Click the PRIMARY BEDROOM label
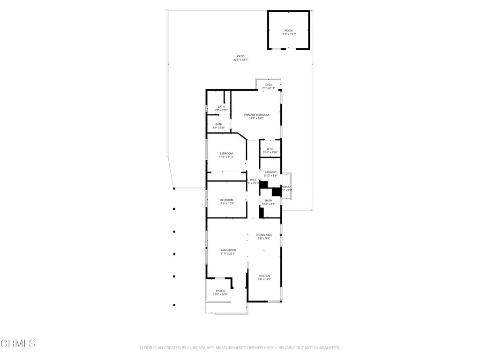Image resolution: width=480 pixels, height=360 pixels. [x=256, y=115]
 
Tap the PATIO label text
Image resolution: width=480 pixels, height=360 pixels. [x=240, y=56]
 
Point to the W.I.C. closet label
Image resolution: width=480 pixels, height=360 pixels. [x=270, y=149]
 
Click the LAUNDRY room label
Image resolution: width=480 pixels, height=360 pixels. [x=271, y=172]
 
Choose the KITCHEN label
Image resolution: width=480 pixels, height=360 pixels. [x=264, y=276]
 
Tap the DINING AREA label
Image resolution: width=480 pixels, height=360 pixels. [x=264, y=235]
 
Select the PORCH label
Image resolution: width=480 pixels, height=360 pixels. [x=220, y=291]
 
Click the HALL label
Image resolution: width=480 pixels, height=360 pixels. [x=253, y=180]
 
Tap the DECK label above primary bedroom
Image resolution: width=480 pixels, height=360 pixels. [x=269, y=85]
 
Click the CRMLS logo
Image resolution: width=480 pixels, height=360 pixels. [x=18, y=344]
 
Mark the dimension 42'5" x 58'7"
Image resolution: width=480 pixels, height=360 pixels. [x=240, y=60]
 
